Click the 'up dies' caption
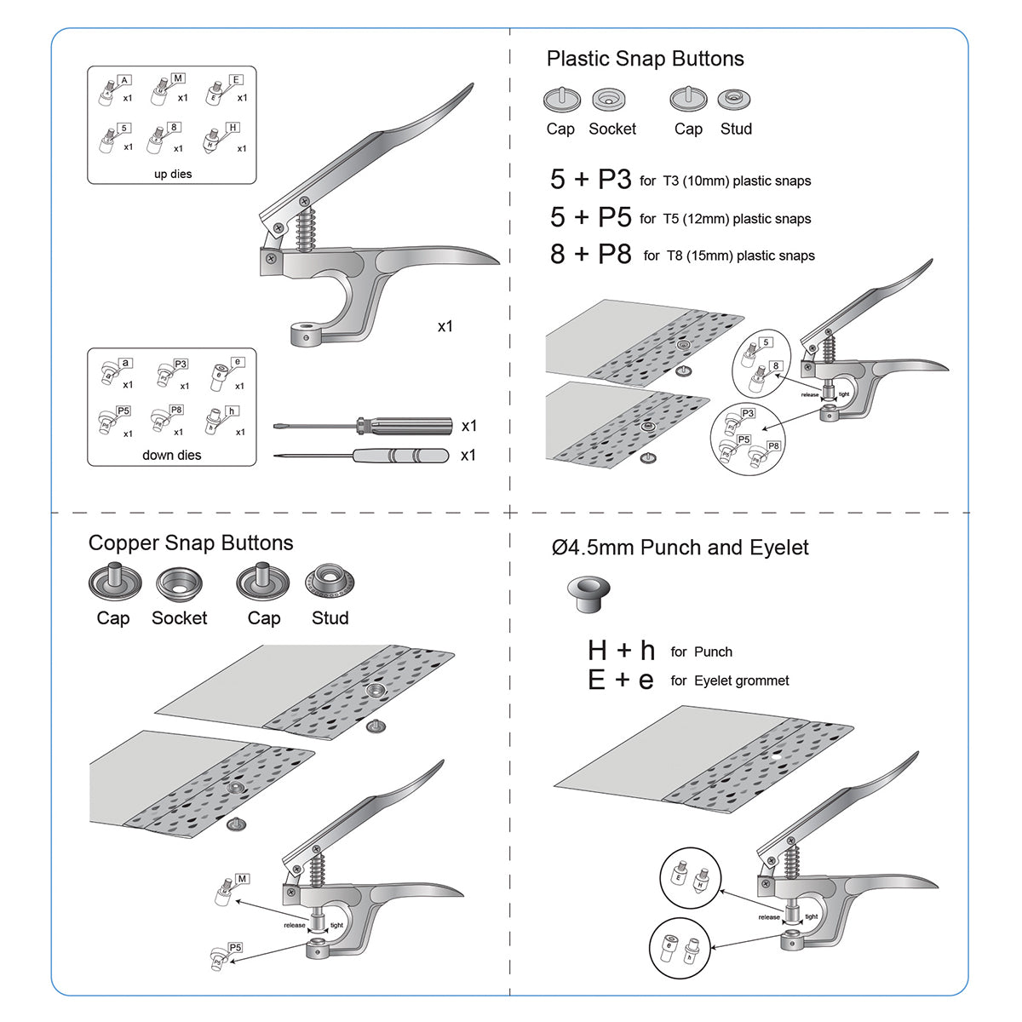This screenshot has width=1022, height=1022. click(173, 174)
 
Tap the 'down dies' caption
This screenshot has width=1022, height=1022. click(172, 455)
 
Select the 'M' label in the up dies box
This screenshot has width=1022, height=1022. click(178, 78)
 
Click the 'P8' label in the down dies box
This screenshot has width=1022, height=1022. click(176, 410)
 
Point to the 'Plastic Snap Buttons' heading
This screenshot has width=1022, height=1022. click(645, 59)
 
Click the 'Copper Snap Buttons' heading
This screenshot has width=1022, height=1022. click(191, 543)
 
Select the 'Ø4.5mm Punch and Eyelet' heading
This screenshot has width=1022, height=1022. click(680, 548)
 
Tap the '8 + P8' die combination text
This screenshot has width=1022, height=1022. click(590, 254)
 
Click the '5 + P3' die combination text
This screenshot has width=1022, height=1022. click(590, 180)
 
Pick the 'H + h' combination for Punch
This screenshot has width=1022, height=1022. click(621, 651)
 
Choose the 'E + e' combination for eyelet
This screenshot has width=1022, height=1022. click(621, 680)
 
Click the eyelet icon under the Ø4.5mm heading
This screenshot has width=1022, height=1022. click(588, 592)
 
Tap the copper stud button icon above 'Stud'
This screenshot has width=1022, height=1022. click(330, 583)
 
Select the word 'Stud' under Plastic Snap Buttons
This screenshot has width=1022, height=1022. click(736, 129)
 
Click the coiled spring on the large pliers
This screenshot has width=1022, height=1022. click(306, 228)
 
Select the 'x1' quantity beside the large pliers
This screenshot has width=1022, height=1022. click(445, 326)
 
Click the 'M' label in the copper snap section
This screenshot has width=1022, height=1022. click(243, 879)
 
